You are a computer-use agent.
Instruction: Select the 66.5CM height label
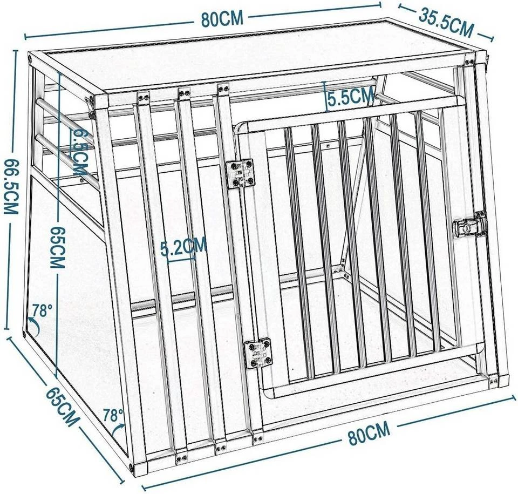tap(11, 186)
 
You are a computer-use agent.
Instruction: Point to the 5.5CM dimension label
tap(351, 97)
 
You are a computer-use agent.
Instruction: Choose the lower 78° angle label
tap(113, 415)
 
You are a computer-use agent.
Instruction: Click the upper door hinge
tap(240, 173)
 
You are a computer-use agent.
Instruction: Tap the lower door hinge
tap(257, 353)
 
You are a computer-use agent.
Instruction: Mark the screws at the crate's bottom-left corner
tap(132, 465)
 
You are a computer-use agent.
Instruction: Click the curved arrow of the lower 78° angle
tap(119, 430)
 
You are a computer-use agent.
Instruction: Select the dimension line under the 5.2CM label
tap(181, 258)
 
